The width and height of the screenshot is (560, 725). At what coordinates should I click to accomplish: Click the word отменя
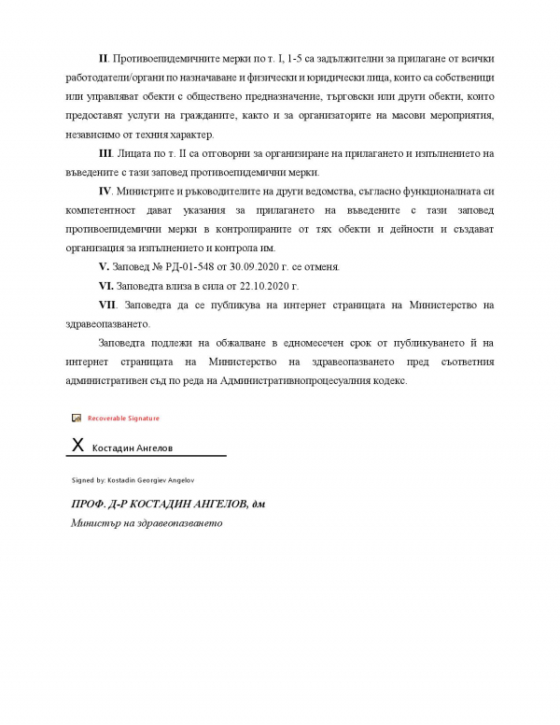coord(319,266)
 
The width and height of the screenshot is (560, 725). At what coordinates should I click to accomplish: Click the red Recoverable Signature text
coord(124,419)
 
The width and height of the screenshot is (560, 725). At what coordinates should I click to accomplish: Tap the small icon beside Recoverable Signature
coord(77,419)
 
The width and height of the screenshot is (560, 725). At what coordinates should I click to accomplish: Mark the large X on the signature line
coord(78,447)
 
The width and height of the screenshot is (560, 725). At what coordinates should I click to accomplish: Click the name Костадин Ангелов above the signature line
coord(132,448)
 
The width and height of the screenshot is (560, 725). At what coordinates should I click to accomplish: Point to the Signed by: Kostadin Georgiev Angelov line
coord(133,479)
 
